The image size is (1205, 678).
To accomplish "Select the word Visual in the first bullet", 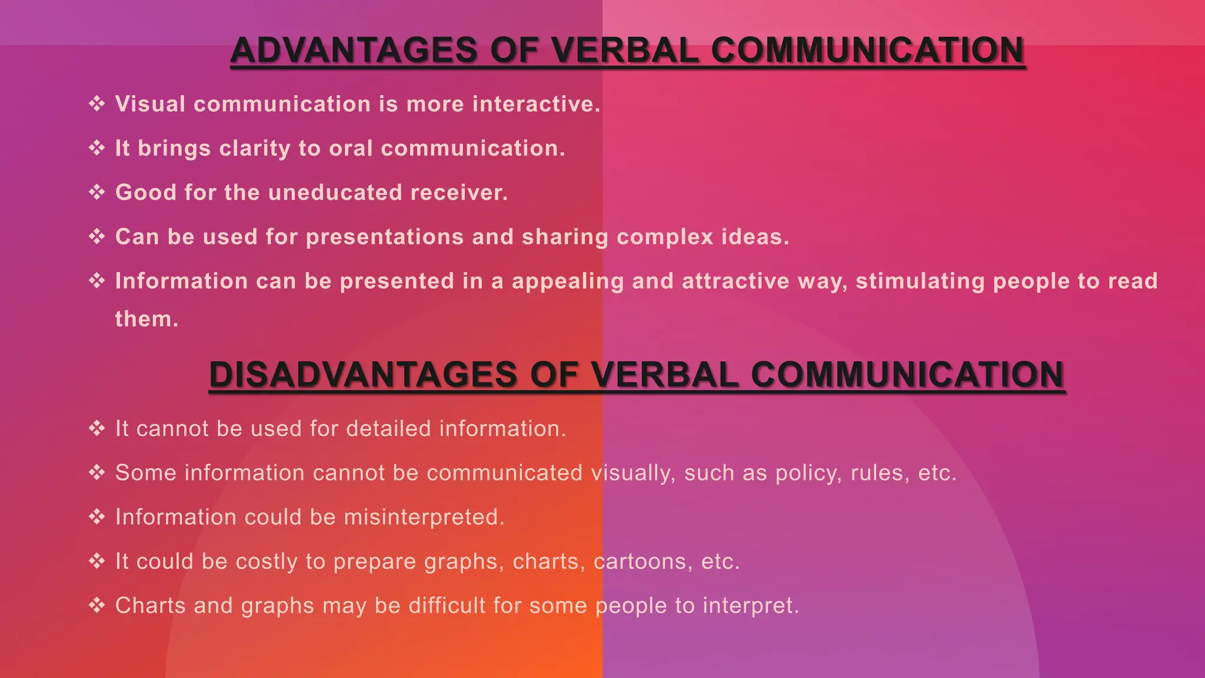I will pyautogui.click(x=150, y=104).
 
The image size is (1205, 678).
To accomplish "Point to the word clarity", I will pyautogui.click(x=255, y=148).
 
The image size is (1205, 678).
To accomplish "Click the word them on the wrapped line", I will pyautogui.click(x=146, y=319).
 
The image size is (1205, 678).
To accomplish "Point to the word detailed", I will pyautogui.click(x=388, y=428).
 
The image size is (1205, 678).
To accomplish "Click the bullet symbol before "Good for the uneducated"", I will pyautogui.click(x=96, y=192).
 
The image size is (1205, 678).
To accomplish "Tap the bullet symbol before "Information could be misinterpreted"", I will pyautogui.click(x=96, y=517).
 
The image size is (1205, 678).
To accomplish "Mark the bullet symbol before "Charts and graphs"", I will pyautogui.click(x=96, y=605).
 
